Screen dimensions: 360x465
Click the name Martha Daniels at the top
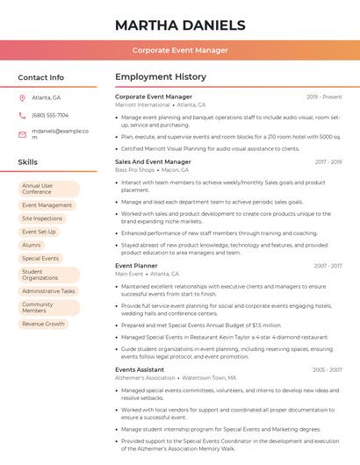[x=180, y=25]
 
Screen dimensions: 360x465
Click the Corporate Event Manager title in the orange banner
[x=180, y=50]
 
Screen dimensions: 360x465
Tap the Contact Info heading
[x=40, y=77]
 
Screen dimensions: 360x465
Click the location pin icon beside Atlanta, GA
[x=22, y=97]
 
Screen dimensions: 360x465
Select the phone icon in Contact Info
[x=22, y=115]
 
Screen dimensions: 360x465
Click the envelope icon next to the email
[x=22, y=134]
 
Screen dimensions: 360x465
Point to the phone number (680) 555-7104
[x=50, y=115]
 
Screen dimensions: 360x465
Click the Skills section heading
[x=28, y=162]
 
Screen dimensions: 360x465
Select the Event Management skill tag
[x=47, y=205]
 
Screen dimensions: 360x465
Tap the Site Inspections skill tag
[x=42, y=218]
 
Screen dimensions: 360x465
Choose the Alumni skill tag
[x=32, y=245]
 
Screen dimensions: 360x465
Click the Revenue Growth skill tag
[x=44, y=324]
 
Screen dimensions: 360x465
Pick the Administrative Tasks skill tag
[x=48, y=290]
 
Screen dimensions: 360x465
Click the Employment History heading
[x=161, y=77]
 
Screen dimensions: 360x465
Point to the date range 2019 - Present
[x=324, y=97]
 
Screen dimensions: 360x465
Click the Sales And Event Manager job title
[x=153, y=161]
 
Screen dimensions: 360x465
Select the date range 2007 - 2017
[x=328, y=265]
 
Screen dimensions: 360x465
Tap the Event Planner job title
[x=136, y=265]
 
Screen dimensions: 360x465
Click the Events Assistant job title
[x=140, y=369]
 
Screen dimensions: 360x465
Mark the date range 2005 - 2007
[x=327, y=369]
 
